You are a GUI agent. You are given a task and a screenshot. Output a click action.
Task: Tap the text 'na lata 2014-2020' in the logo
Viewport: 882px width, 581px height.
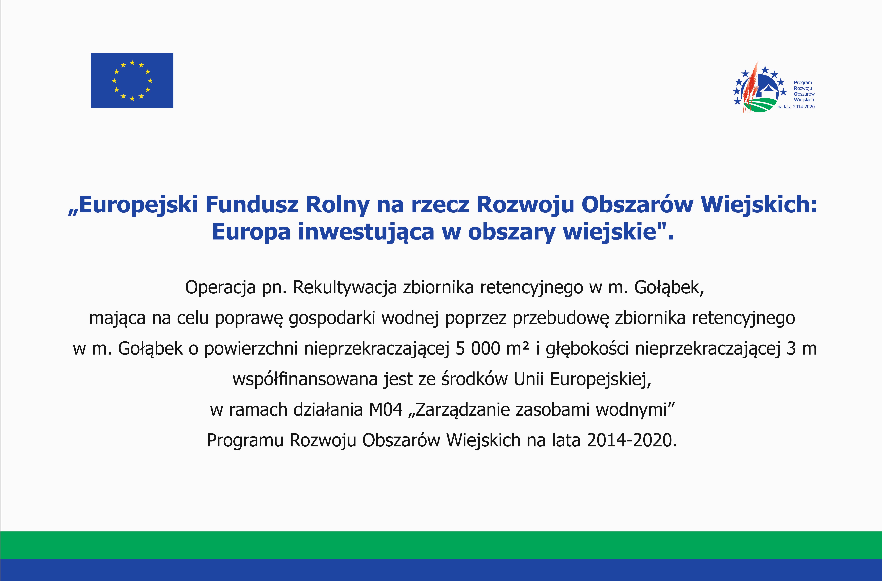pos(796,107)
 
